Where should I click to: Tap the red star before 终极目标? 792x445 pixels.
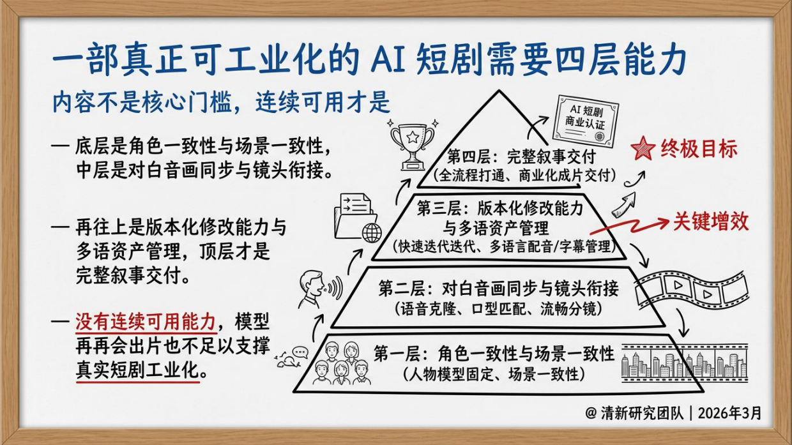point(642,149)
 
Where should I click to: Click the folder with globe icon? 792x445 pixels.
point(356,217)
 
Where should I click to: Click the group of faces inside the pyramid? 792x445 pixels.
point(342,363)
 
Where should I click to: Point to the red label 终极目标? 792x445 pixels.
point(699,149)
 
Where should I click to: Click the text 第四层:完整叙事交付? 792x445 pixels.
point(521,156)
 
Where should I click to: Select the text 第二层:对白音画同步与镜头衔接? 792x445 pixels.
point(498,288)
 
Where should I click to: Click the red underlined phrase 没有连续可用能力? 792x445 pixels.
point(146,321)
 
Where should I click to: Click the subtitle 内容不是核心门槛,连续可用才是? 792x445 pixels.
point(221,103)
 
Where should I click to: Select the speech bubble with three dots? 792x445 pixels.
point(300,352)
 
